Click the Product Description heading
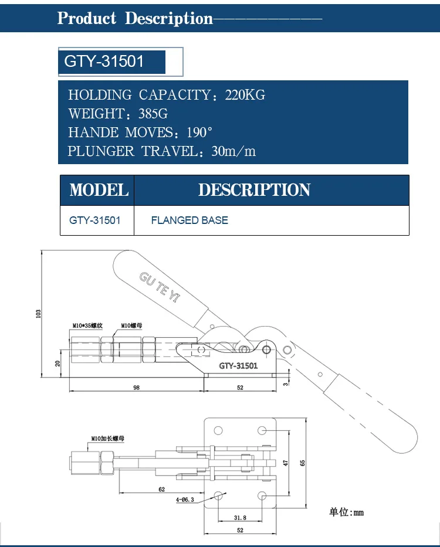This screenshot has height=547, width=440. [x=135, y=18]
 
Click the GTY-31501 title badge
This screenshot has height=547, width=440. [x=104, y=62]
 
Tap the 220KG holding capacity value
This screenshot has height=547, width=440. [x=245, y=95]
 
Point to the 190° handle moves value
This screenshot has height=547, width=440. [x=197, y=132]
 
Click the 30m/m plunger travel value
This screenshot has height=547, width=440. [x=233, y=151]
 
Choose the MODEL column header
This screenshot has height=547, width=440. [x=99, y=190]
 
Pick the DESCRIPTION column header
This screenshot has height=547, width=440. [x=254, y=190]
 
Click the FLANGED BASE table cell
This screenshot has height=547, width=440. [x=189, y=220]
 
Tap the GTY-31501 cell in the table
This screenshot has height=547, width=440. [x=95, y=220]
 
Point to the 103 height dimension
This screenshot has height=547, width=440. [x=39, y=314]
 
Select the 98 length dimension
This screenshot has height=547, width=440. [x=136, y=388]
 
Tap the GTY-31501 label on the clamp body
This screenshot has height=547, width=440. [x=238, y=366]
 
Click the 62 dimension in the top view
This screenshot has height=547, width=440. [x=161, y=489]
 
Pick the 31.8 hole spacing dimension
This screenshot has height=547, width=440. [x=240, y=518]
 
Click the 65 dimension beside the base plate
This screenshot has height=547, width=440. [x=303, y=463]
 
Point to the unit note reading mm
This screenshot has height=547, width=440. [x=347, y=512]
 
